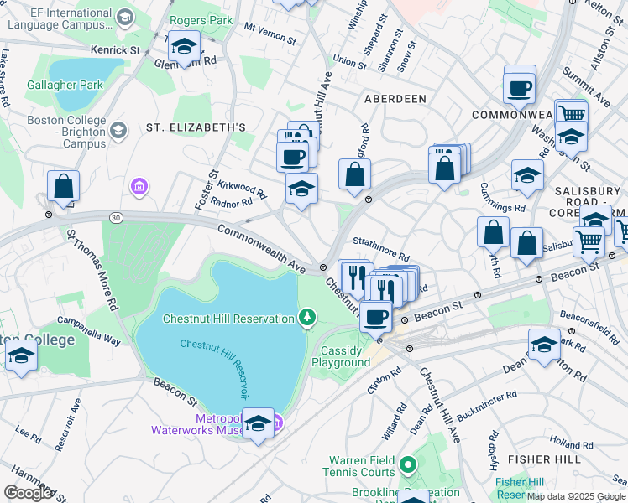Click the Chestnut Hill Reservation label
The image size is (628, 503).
click(227, 318)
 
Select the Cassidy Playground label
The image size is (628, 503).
click(341, 356)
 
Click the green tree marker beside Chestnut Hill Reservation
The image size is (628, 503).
click(308, 318)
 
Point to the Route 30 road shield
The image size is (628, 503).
click(115, 217)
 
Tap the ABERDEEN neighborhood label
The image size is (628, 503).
click(395, 99)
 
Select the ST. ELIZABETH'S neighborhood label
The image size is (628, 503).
click(196, 127)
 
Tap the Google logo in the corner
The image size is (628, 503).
click(28, 493)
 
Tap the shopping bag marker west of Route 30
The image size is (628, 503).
click(63, 187)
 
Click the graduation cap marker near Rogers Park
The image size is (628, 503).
click(184, 45)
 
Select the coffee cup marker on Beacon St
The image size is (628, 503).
click(375, 317)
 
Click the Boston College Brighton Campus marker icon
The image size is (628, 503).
click(118, 130)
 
